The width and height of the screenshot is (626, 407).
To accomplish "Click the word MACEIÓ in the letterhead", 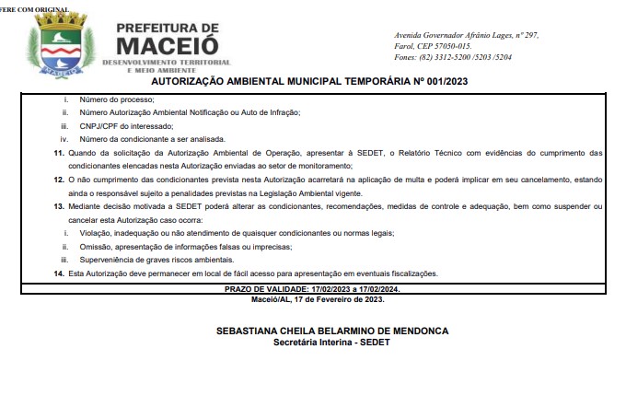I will (168, 43).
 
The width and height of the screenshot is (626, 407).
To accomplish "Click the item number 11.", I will (59, 152).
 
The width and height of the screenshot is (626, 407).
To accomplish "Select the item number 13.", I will (59, 206).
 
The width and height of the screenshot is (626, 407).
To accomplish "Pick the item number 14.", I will (59, 273).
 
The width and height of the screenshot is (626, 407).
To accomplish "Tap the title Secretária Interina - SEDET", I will (319, 343).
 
